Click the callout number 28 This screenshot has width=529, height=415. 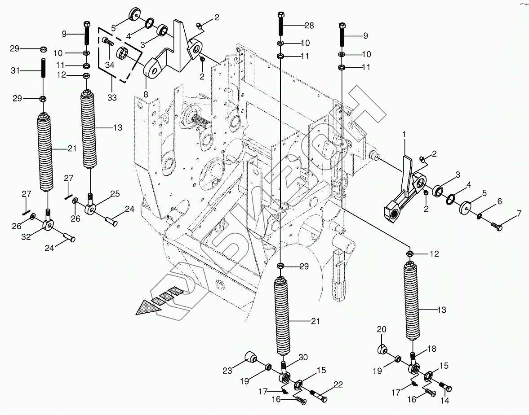click(309, 25)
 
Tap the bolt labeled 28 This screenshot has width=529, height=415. click(281, 23)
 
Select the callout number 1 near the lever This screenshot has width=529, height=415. click(404, 134)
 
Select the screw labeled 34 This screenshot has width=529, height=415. click(108, 43)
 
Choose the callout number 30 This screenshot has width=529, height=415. click(302, 357)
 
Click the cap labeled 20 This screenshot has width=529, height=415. click(382, 349)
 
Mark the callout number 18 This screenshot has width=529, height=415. click(431, 349)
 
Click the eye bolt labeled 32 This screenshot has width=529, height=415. click(49, 223)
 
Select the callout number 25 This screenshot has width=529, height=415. click(115, 194)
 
